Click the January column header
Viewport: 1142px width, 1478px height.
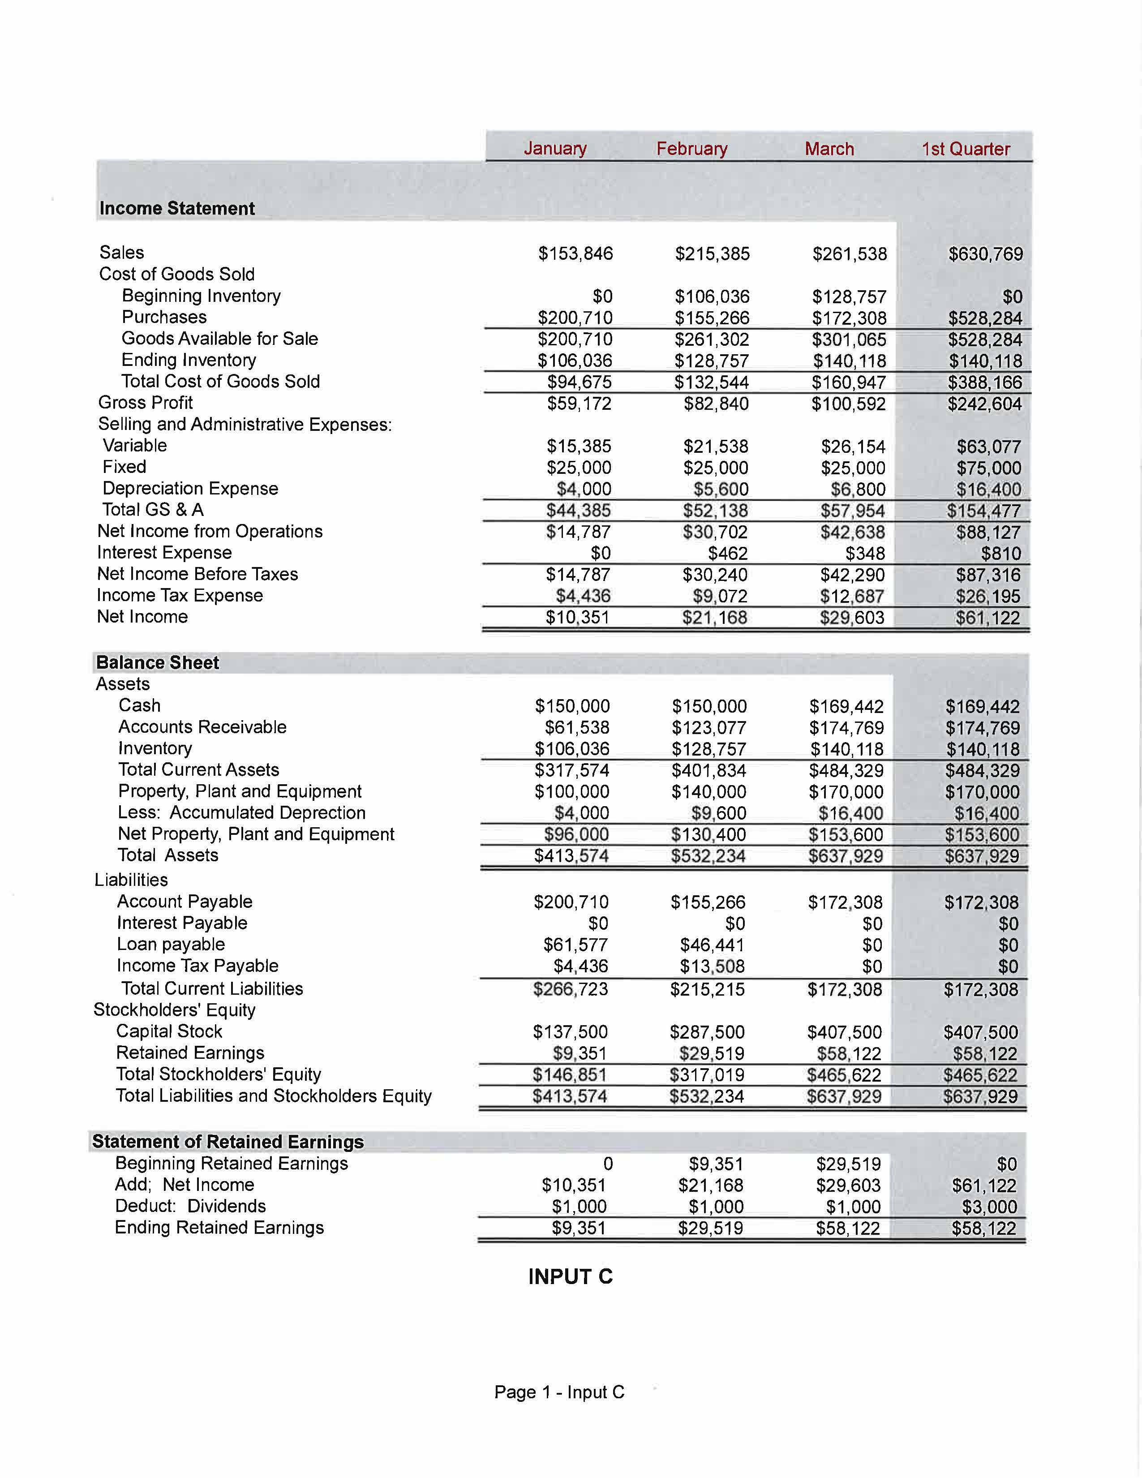tap(555, 148)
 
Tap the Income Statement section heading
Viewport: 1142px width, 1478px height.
tap(177, 208)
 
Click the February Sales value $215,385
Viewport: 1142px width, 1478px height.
tap(713, 254)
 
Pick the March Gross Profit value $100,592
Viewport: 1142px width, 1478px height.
tap(849, 404)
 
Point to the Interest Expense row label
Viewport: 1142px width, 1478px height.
tap(164, 553)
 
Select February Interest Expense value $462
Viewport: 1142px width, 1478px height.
tap(728, 554)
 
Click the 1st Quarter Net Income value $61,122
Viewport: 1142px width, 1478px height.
tap(988, 617)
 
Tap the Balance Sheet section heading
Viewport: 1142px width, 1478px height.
tap(158, 662)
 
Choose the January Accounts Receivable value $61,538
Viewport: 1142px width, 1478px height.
tap(577, 727)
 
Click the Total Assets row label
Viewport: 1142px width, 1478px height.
tap(168, 855)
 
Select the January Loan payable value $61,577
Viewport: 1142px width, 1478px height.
tap(576, 945)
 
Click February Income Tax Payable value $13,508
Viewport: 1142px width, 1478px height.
tap(713, 967)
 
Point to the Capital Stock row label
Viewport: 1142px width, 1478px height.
tap(169, 1031)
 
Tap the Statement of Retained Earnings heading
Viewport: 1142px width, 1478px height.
tap(228, 1142)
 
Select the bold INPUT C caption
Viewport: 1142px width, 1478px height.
tap(570, 1276)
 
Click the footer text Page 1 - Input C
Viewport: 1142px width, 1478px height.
tap(559, 1392)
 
